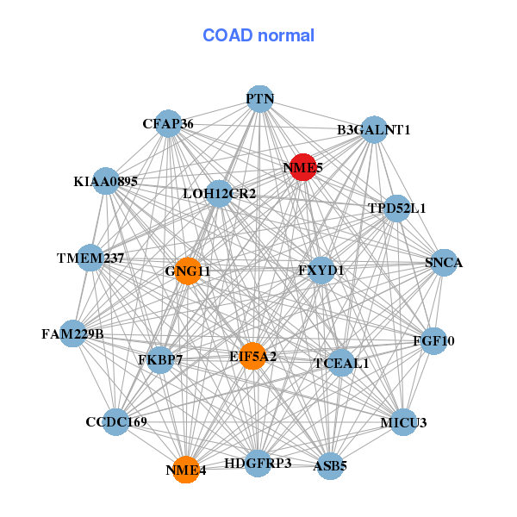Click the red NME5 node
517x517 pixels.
(302, 167)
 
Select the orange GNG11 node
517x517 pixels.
(188, 271)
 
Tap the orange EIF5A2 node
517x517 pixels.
(252, 356)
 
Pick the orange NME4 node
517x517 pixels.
(186, 470)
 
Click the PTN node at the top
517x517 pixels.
(260, 99)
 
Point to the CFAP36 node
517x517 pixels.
(168, 124)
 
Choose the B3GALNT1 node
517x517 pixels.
(374, 130)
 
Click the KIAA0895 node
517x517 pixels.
(105, 181)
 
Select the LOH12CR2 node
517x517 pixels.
(219, 193)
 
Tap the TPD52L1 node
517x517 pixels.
(396, 208)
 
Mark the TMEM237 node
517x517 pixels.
(90, 258)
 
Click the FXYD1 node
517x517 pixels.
(321, 271)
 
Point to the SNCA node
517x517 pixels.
(444, 263)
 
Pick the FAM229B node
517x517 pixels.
(72, 333)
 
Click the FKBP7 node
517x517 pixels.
(160, 358)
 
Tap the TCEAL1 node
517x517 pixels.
(341, 363)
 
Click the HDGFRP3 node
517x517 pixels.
(258, 463)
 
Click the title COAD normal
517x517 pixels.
(258, 35)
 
